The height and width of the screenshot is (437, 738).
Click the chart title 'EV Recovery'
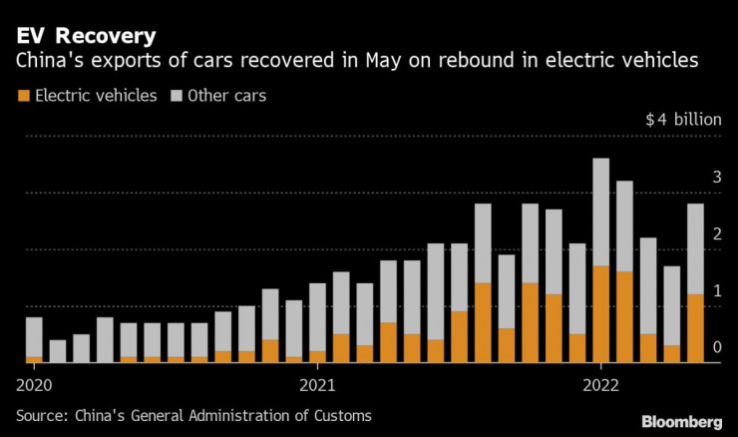pyautogui.click(x=86, y=37)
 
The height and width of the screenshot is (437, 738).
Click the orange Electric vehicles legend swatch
pyautogui.click(x=22, y=96)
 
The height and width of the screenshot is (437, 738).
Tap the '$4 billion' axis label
pyautogui.click(x=683, y=120)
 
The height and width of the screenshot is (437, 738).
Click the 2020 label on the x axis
pyautogui.click(x=34, y=384)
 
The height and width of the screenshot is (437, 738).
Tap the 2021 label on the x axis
pyautogui.click(x=317, y=384)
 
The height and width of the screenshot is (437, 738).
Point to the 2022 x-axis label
pyautogui.click(x=600, y=384)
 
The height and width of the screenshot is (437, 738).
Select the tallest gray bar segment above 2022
pyautogui.click(x=600, y=212)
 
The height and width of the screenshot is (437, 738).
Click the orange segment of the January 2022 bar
pyautogui.click(x=600, y=313)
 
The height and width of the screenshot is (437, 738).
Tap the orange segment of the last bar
pyautogui.click(x=695, y=327)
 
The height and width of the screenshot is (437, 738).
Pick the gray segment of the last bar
pyautogui.click(x=695, y=248)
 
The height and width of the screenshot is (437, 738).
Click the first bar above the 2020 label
pyautogui.click(x=34, y=337)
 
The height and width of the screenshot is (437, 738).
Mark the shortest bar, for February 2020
pyautogui.click(x=58, y=350)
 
